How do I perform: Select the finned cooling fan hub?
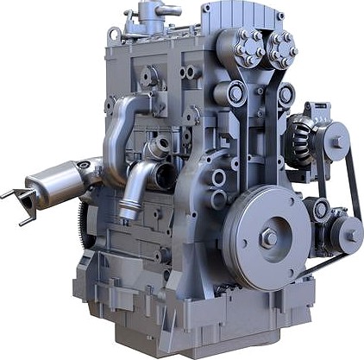(302, 138)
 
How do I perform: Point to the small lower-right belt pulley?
(347, 235)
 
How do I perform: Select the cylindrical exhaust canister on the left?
(53, 186)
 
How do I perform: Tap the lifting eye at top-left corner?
(113, 35)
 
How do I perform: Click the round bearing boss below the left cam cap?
(235, 92)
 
